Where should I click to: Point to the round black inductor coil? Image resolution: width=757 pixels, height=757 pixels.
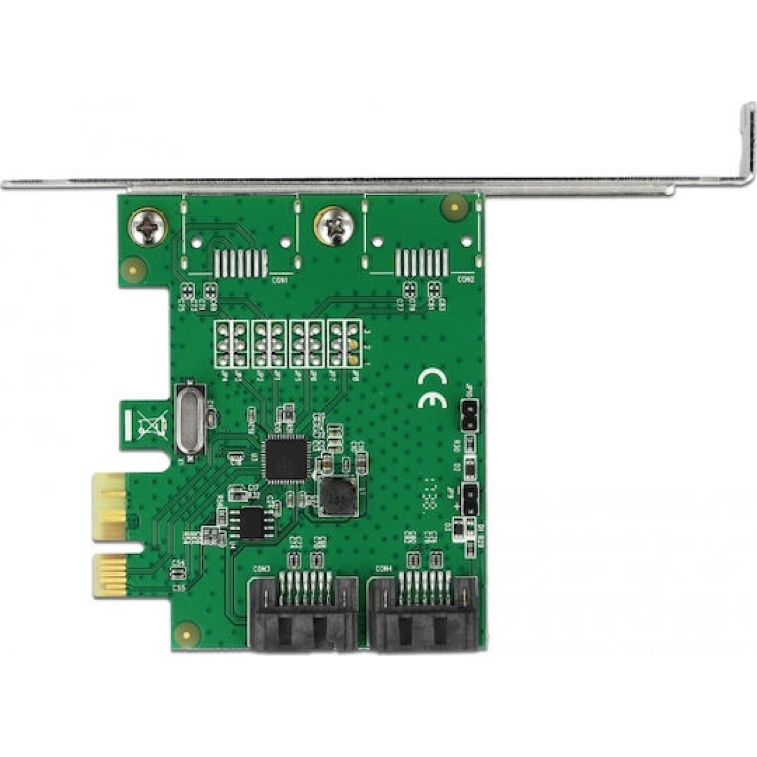click(335, 494)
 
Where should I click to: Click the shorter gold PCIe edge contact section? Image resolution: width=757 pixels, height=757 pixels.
click(105, 576)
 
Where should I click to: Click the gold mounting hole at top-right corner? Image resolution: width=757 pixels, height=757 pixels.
click(453, 206)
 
